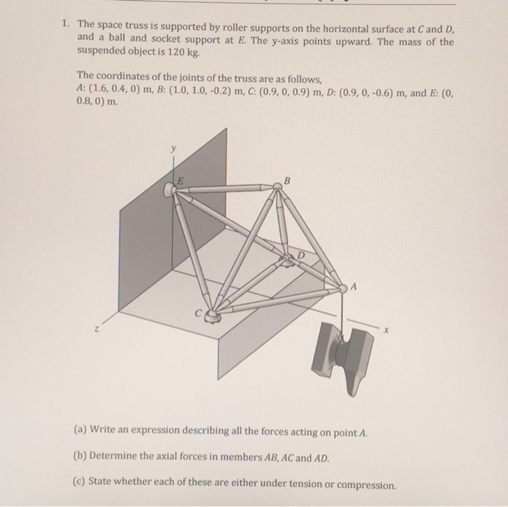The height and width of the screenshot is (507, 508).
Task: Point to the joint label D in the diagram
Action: click(300, 255)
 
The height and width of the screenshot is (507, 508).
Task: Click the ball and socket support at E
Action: click(171, 190)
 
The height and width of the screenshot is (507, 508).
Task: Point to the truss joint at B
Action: click(276, 187)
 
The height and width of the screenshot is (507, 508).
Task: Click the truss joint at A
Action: click(343, 288)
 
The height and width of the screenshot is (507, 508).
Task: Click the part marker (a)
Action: click(81, 431)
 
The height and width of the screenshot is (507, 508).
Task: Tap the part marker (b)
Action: click(81, 458)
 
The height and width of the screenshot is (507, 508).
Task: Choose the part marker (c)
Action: click(81, 484)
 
